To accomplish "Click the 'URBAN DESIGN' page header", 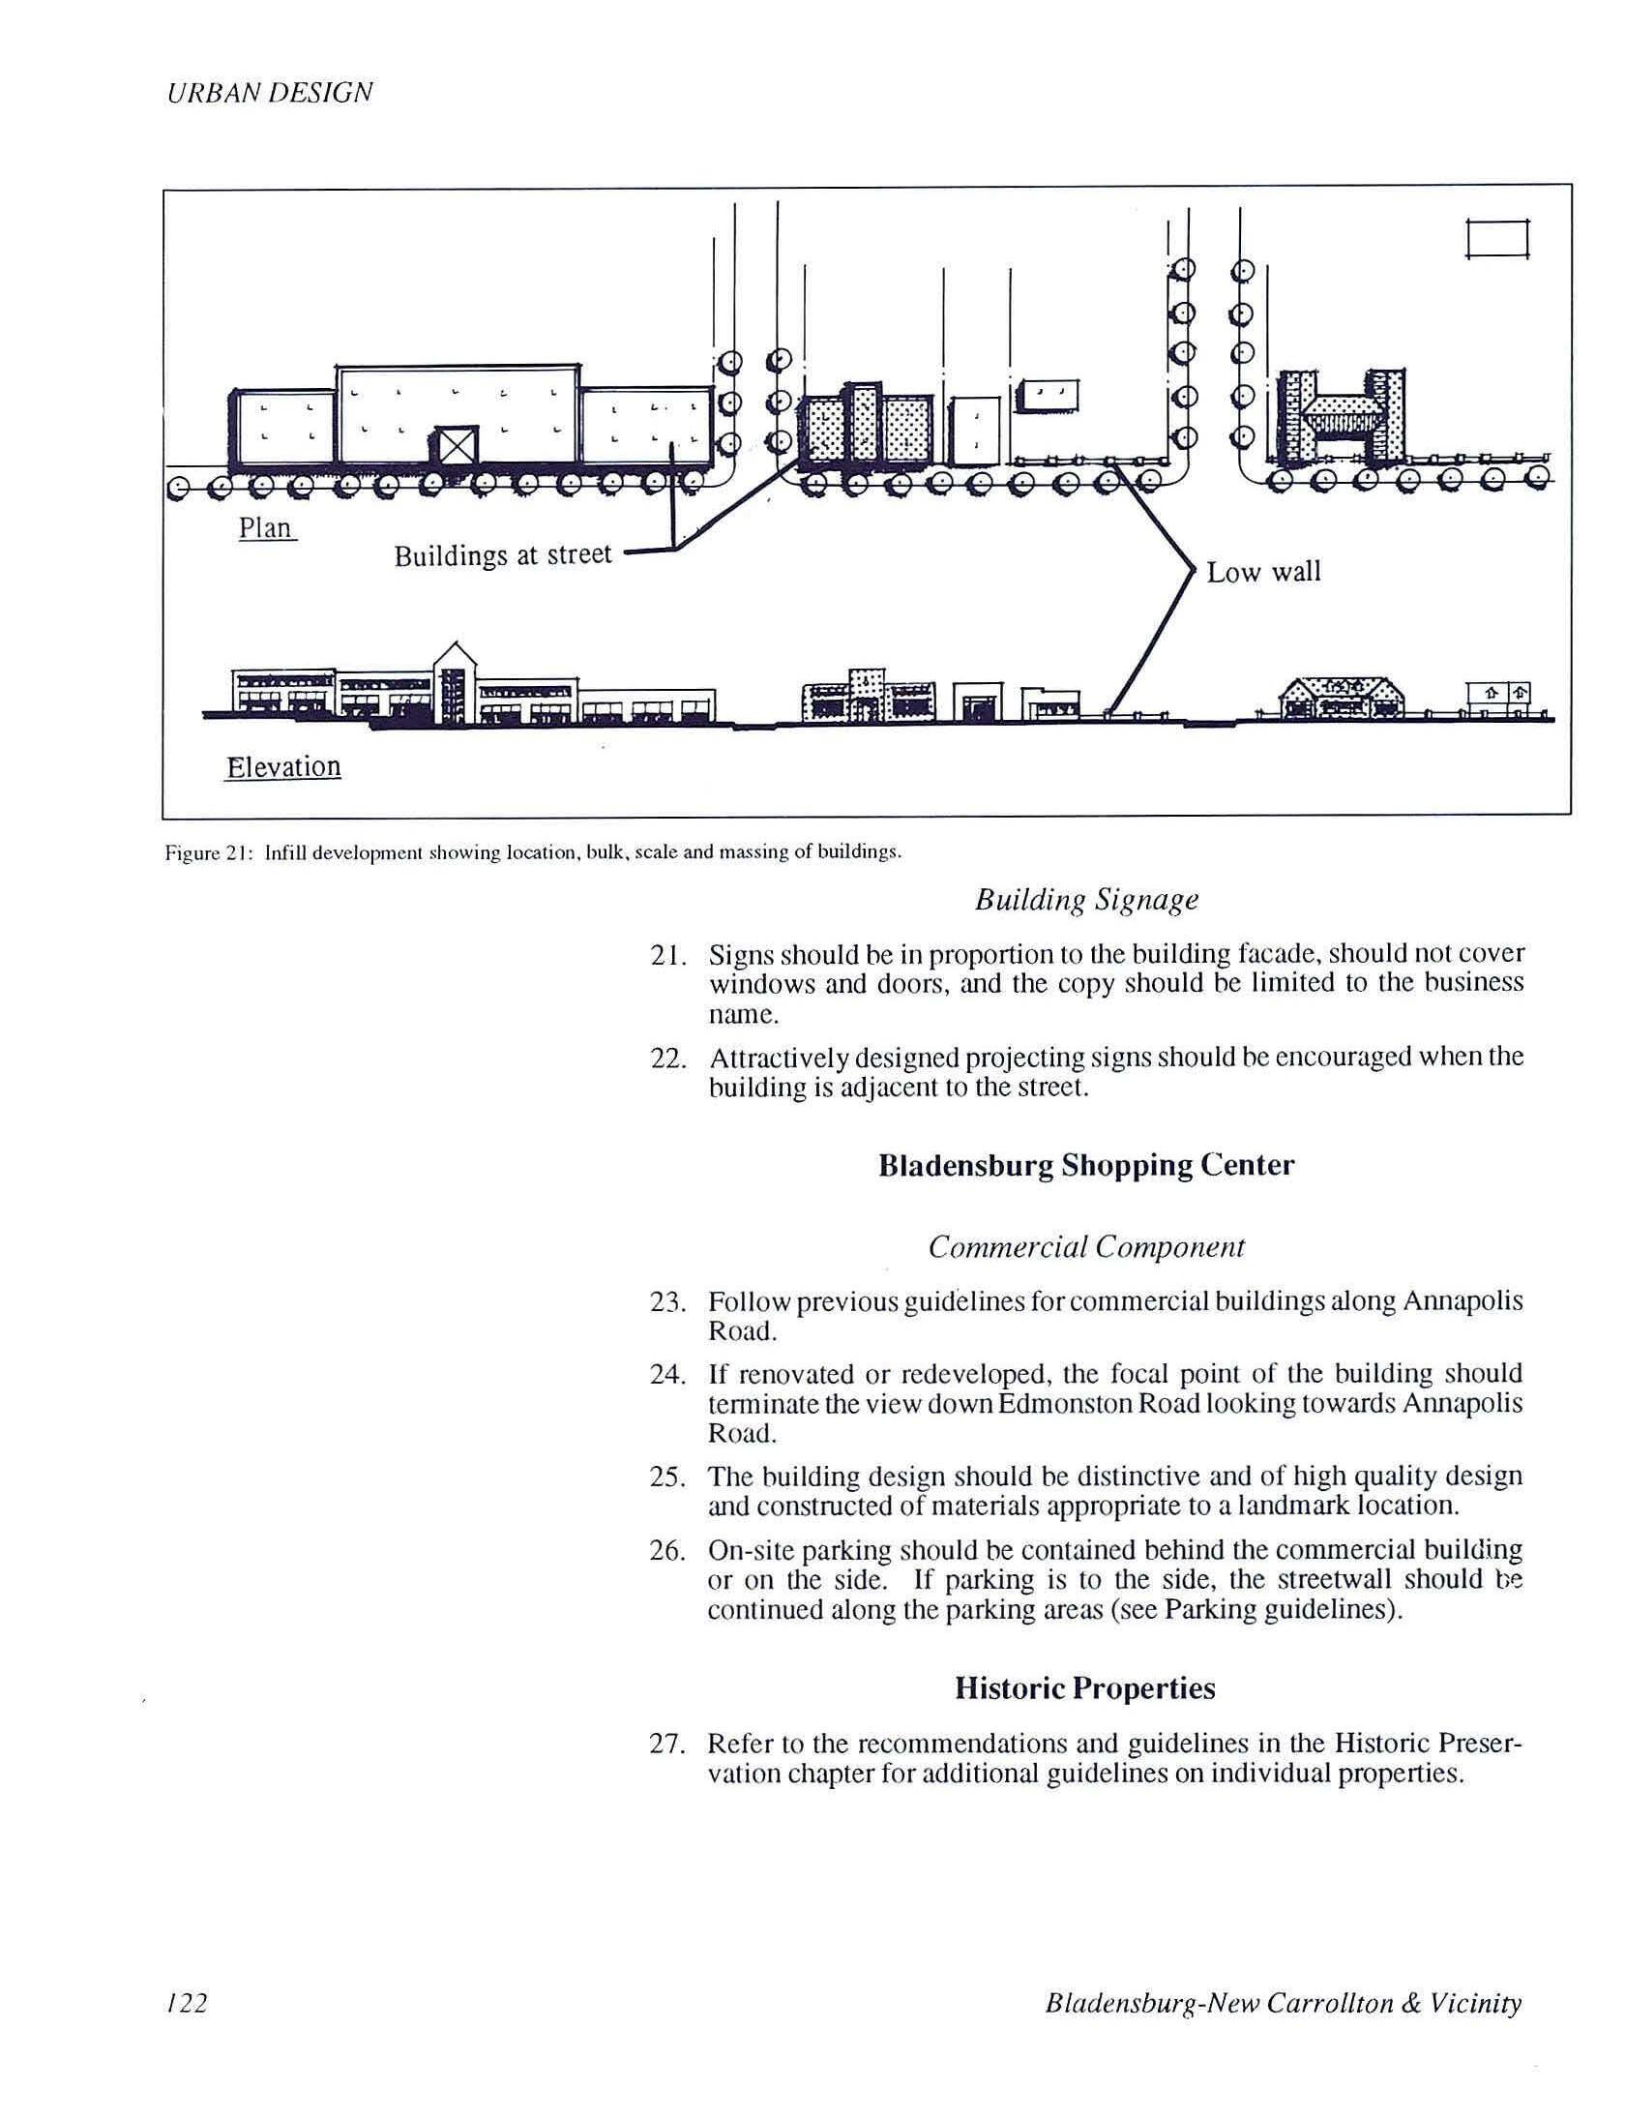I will click(x=270, y=93).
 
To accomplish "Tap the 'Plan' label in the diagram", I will click(x=266, y=528).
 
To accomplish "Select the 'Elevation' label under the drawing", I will click(x=282, y=767).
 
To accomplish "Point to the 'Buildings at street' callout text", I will click(x=503, y=555).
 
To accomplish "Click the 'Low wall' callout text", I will click(x=1263, y=572).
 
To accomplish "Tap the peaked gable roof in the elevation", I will click(x=456, y=657).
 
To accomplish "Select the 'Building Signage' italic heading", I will click(x=1086, y=900).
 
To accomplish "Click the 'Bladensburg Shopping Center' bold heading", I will click(x=1086, y=1165).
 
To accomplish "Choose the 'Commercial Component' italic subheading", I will click(x=1086, y=1247).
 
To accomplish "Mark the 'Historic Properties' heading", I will click(x=1085, y=1688).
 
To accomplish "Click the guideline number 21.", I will click(x=667, y=955).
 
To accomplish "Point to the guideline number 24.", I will click(x=667, y=1374).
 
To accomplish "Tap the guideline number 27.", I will click(x=667, y=1744).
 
